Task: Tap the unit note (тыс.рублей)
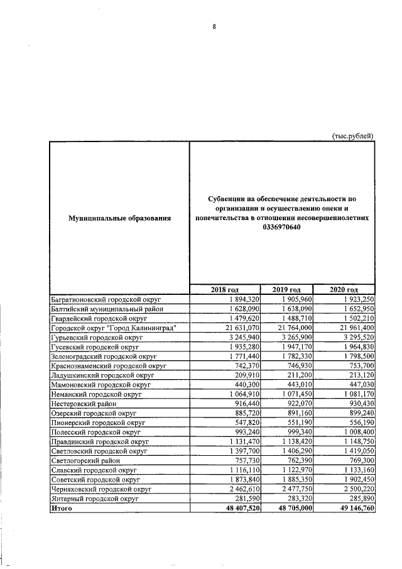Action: click(x=352, y=135)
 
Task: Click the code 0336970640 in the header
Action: click(x=282, y=227)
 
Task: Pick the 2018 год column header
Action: click(x=224, y=289)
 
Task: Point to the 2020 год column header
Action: click(x=344, y=289)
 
